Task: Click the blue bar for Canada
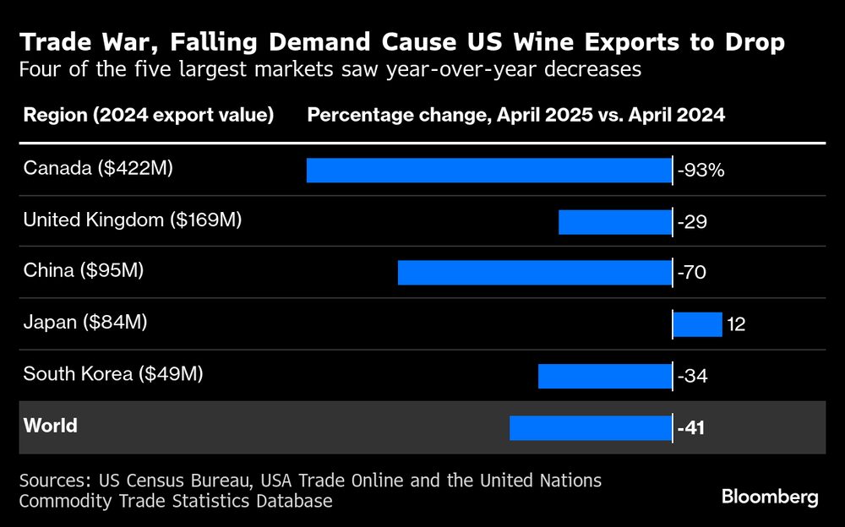point(488,170)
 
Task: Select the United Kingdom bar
point(614,221)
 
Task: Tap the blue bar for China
point(534,272)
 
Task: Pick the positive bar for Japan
point(698,324)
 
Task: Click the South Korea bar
point(604,376)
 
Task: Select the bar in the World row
point(590,427)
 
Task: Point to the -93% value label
point(701,171)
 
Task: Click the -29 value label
point(692,222)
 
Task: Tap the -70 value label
point(692,273)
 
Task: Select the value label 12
point(736,324)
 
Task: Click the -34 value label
point(692,376)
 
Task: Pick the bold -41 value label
point(691,428)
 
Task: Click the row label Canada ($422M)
point(98,169)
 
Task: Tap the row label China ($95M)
point(84,271)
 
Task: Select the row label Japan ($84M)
point(85,323)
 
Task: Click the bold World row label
point(50,426)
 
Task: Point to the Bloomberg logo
point(770,497)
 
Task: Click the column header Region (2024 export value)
point(149,116)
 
